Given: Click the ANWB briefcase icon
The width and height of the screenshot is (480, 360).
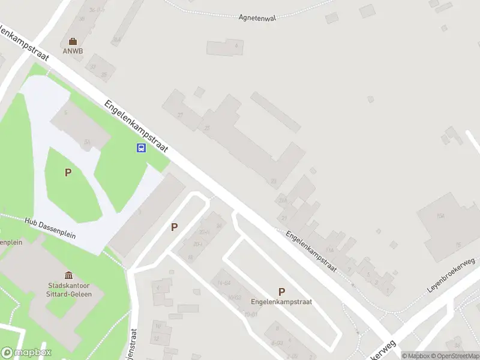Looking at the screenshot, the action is tap(73, 41).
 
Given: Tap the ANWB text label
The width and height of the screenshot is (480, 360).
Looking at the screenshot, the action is tap(73, 51).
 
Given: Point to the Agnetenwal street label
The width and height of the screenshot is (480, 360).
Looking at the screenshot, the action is tap(256, 18).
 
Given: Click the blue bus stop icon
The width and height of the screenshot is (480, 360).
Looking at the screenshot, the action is tap(141, 148).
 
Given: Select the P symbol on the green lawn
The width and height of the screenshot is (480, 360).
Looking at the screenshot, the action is tap(68, 173).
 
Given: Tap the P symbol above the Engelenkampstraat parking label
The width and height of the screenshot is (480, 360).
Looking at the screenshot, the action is tap(281, 292).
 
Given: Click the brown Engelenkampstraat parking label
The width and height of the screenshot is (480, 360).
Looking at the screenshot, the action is tap(281, 302).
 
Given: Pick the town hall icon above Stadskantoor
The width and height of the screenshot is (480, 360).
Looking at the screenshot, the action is tap(69, 275).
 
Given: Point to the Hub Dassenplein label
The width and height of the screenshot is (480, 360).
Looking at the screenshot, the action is tap(50, 229).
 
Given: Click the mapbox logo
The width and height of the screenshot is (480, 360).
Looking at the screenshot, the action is tap(25, 353).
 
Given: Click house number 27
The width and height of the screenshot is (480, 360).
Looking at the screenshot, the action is tap(180, 115).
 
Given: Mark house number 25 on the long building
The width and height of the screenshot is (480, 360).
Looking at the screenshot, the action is tap(207, 128).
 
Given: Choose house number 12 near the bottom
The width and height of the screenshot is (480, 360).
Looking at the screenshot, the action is tap(157, 338).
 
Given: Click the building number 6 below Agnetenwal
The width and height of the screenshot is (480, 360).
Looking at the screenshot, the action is tap(236, 46).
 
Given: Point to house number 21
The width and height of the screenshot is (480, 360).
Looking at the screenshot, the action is tap(284, 218).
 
